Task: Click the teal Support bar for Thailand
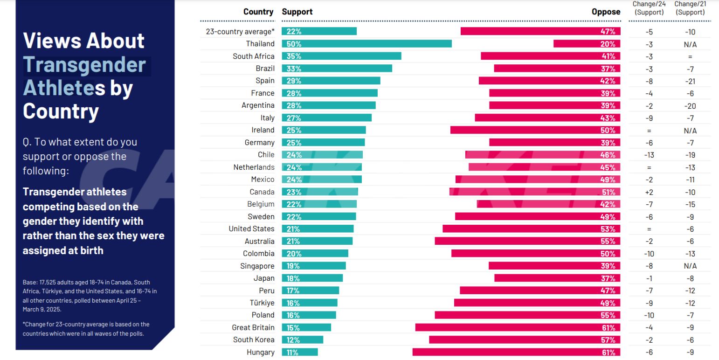(x=366, y=44)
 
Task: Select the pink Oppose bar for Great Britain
(x=518, y=327)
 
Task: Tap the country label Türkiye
(x=262, y=303)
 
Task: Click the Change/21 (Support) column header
(x=690, y=8)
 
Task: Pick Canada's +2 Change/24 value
(x=649, y=192)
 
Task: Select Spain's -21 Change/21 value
(x=690, y=81)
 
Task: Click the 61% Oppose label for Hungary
(x=608, y=353)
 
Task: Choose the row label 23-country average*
(x=240, y=32)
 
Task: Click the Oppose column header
(x=606, y=12)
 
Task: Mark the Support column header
(x=297, y=12)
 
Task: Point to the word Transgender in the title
(x=84, y=65)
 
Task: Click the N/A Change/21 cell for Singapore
(x=690, y=266)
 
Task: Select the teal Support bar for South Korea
(x=302, y=340)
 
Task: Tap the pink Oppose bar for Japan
(x=557, y=278)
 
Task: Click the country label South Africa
(x=254, y=56)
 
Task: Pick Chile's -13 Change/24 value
(x=649, y=155)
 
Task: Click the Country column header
(x=258, y=12)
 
